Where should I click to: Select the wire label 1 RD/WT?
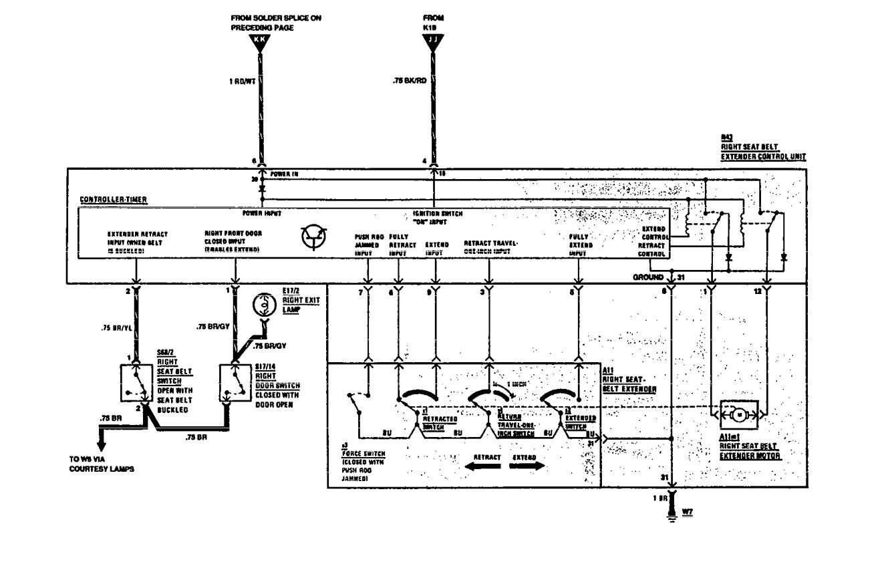coord(240,83)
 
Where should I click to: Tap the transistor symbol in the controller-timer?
coord(314,237)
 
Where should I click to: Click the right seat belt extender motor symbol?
coord(738,416)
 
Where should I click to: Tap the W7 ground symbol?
coord(672,516)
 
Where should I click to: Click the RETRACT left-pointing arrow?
coord(484,467)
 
